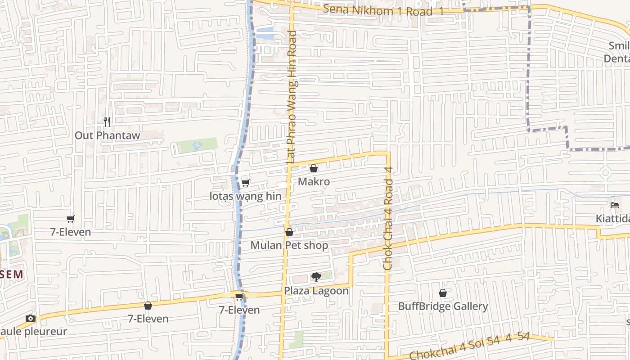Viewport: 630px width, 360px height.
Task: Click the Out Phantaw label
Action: [x=107, y=135]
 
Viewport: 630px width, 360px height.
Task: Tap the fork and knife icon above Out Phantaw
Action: [x=107, y=121]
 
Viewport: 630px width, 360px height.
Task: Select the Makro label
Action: [x=314, y=182]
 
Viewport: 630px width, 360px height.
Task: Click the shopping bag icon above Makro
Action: [x=314, y=168]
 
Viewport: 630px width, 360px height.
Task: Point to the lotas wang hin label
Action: [x=246, y=196]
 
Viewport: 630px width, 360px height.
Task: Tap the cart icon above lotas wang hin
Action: [x=246, y=183]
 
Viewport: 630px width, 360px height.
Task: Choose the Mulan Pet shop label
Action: [x=289, y=246]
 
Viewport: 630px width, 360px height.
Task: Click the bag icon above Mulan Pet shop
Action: [x=289, y=232]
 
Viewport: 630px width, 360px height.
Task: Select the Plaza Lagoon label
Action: [x=316, y=291]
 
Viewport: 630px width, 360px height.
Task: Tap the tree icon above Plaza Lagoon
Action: [x=316, y=277]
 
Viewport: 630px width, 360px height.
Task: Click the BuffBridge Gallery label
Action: [x=443, y=306]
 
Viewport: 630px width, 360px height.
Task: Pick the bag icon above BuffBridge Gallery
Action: [x=443, y=293]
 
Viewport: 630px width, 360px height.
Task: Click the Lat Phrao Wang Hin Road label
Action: [x=292, y=97]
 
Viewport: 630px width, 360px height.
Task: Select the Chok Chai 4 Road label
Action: [x=388, y=219]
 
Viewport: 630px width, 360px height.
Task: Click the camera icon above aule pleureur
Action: [x=31, y=318]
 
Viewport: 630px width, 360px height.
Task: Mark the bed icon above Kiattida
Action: [x=615, y=205]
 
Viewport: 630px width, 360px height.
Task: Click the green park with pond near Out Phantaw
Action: [x=197, y=145]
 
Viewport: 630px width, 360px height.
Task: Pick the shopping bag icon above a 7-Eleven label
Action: [x=148, y=306]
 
